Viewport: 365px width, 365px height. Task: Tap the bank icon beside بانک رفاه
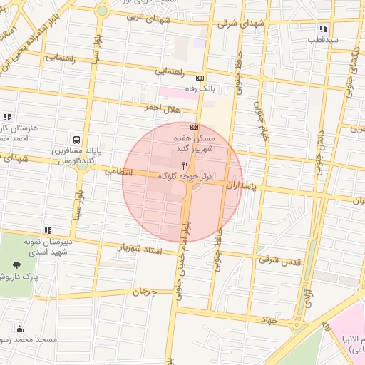200,78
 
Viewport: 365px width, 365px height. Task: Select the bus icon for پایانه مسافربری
76,140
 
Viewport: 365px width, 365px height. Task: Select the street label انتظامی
120,171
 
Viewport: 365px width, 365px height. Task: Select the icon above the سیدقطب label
323,29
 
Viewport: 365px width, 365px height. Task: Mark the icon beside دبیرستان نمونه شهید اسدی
48,230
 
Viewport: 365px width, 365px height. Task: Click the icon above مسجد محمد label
19,329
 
